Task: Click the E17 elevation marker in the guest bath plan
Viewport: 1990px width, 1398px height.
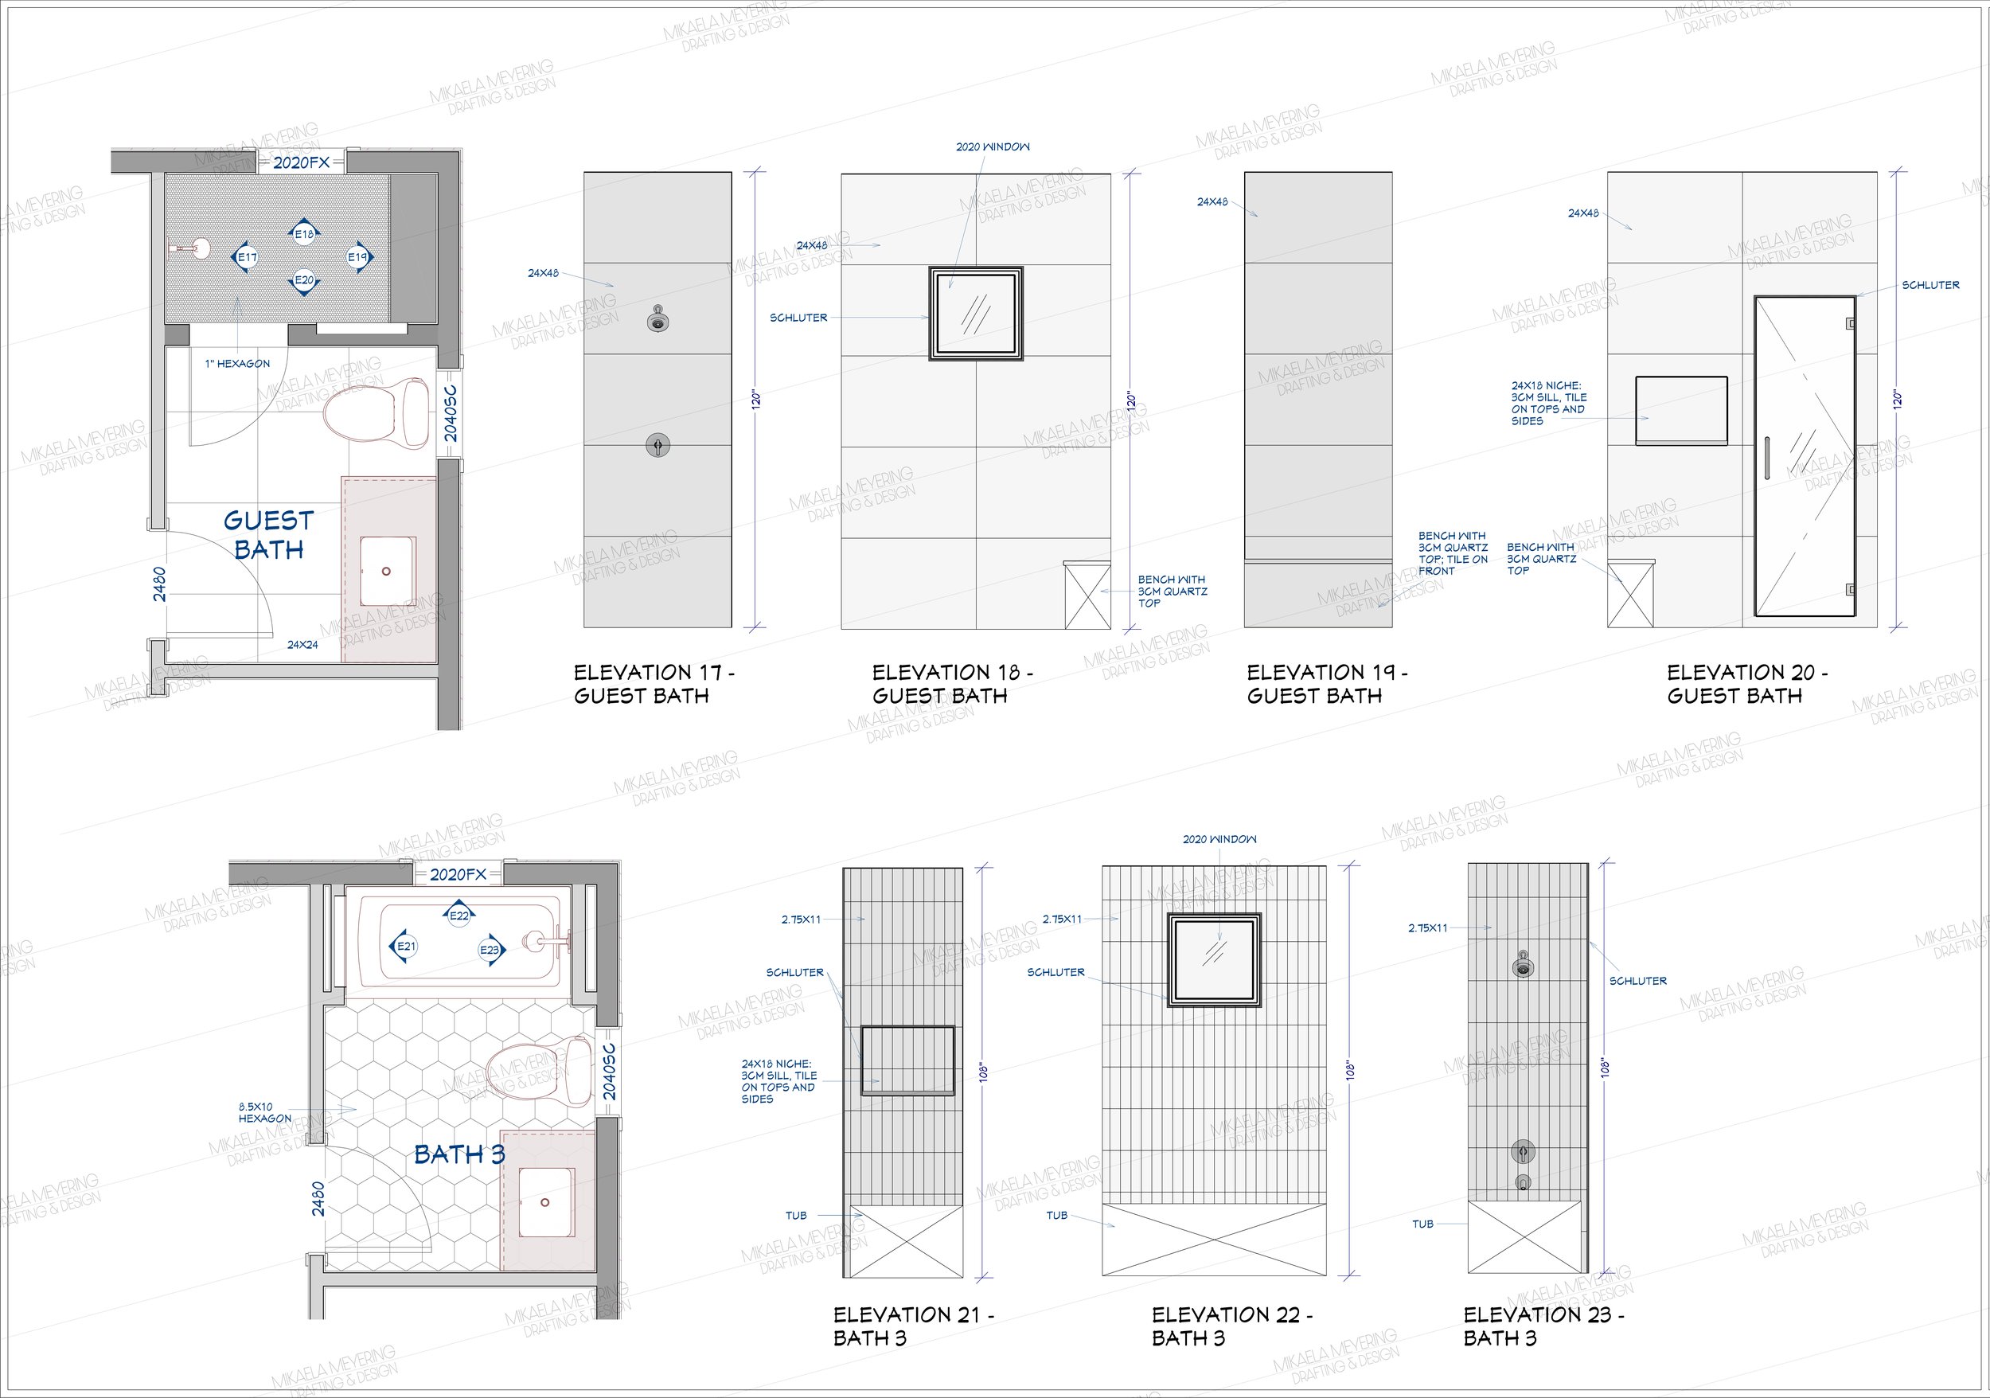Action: (246, 257)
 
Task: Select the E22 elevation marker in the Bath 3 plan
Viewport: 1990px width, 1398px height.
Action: (458, 915)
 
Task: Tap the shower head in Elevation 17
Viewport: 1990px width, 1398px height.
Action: (657, 321)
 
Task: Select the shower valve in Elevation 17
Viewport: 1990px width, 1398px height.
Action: (657, 446)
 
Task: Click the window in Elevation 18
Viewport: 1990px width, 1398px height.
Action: (976, 313)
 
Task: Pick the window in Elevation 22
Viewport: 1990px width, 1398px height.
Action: (1214, 959)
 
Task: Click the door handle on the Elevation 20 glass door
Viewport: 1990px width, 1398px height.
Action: (1766, 459)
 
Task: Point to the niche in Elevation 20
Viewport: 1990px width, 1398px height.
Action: (1681, 411)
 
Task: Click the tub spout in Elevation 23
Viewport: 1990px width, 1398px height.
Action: (1523, 1182)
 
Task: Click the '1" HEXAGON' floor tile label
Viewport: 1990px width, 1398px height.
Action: (237, 364)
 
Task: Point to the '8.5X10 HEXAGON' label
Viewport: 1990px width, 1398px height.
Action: (265, 1113)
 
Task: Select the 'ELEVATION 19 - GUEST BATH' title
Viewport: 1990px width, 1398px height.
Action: (1327, 684)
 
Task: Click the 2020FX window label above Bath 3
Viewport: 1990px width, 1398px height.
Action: (458, 874)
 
